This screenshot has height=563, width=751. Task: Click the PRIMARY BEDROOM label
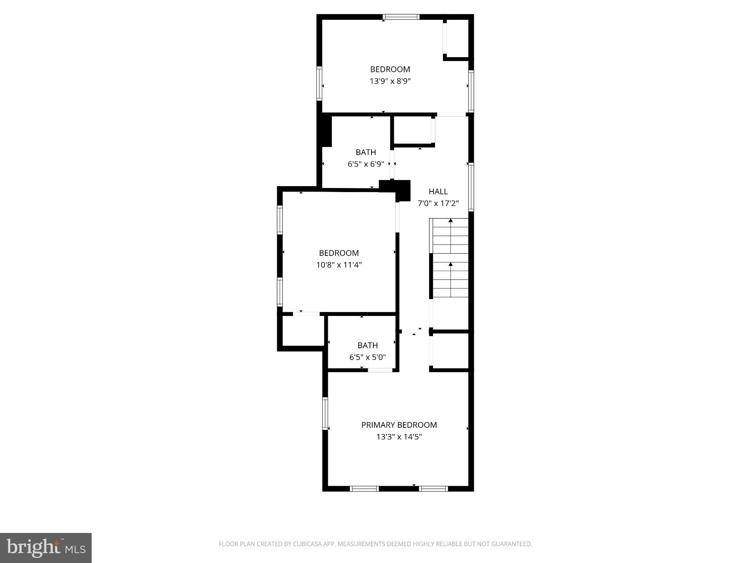[x=399, y=425]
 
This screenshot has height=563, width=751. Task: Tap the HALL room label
[x=438, y=191]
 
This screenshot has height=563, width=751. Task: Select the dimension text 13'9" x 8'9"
[x=390, y=81]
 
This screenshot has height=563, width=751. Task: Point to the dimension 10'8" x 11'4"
[x=339, y=265]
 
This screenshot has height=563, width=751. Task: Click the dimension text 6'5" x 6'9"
[x=366, y=164]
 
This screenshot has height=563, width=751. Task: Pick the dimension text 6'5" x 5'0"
[x=367, y=357]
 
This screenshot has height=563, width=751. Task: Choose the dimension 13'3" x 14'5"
[x=399, y=437]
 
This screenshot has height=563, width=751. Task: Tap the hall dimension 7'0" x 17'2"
[x=438, y=203]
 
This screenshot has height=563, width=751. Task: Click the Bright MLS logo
[x=46, y=548]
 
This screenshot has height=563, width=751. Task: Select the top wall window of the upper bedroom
[x=401, y=17]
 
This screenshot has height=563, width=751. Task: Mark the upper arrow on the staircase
[x=451, y=220]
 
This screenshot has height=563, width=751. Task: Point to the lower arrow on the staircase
[x=451, y=264]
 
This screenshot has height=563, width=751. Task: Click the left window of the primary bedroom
[x=325, y=413]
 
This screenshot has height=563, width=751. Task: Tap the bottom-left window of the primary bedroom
[x=364, y=488]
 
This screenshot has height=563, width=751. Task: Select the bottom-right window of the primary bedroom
[x=433, y=488]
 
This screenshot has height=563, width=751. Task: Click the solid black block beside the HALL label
[x=402, y=190]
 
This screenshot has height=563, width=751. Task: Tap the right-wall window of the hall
[x=471, y=187]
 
